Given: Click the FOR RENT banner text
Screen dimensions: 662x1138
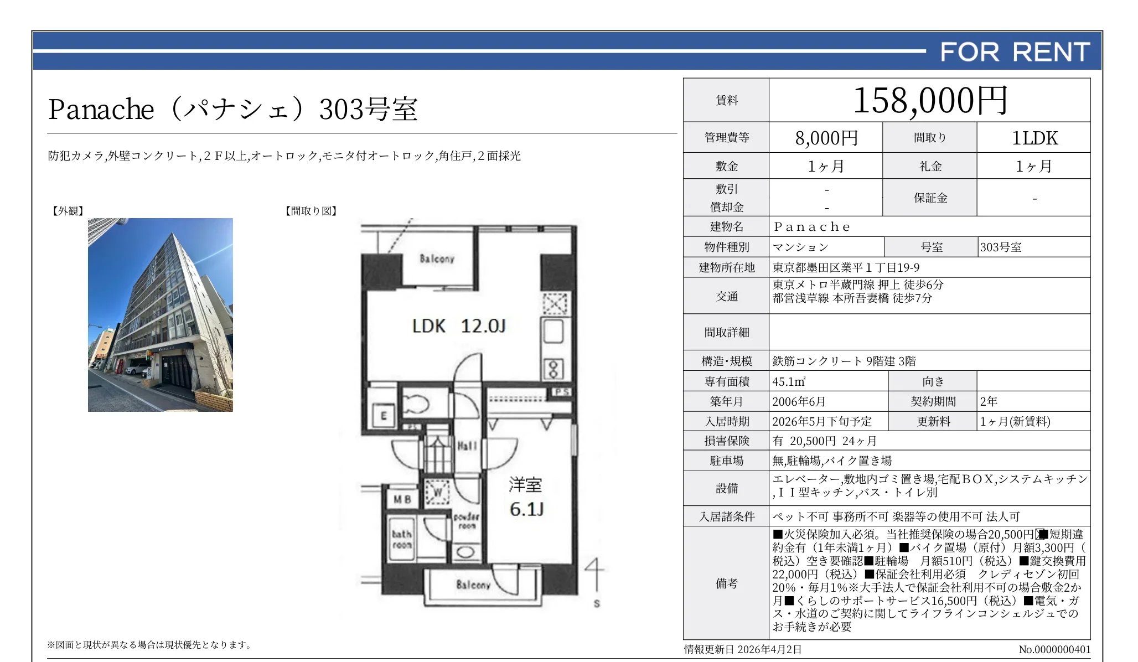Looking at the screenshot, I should coord(1015,52).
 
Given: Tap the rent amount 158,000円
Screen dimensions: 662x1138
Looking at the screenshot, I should coord(929,101).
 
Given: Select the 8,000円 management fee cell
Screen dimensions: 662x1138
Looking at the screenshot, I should coord(826,138).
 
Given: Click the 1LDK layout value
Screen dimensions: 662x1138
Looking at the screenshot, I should coord(1034,138).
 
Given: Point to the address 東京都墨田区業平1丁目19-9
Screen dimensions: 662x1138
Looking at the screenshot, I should coord(846,268).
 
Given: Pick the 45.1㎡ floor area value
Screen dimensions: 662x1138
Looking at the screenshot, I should coord(789,381).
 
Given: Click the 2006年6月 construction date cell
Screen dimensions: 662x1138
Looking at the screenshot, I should coord(799,401).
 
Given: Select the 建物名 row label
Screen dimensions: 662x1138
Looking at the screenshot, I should coord(726,226).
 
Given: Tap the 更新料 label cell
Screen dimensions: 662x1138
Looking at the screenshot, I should coord(933,421).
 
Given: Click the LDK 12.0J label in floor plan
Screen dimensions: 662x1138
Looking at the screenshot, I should coord(459,326).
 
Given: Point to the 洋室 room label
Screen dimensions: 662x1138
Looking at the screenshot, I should coord(525,485).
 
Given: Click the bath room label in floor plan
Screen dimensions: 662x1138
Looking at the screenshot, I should coord(402,539).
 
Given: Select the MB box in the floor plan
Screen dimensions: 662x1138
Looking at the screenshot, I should coord(402,499).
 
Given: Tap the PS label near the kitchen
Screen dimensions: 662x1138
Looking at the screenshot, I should coord(561,392).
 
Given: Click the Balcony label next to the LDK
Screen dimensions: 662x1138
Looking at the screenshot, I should coord(437,258).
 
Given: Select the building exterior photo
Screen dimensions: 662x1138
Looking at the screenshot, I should coord(160,314).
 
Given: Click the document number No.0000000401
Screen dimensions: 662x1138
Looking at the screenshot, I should coord(1054,649).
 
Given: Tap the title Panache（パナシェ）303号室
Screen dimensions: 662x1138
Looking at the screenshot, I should coord(232,109).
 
